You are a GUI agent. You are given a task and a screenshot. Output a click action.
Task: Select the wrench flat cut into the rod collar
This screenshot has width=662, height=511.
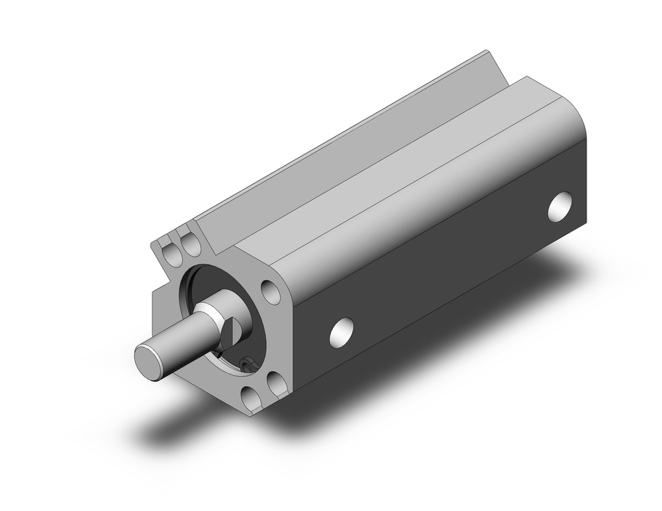(228, 329)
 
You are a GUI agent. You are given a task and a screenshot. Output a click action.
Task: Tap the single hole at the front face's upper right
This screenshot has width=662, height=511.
(270, 291)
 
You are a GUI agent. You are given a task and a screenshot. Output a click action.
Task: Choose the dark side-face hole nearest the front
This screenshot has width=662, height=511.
(342, 332)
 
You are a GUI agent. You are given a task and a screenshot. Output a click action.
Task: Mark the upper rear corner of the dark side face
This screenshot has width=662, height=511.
(585, 140)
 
